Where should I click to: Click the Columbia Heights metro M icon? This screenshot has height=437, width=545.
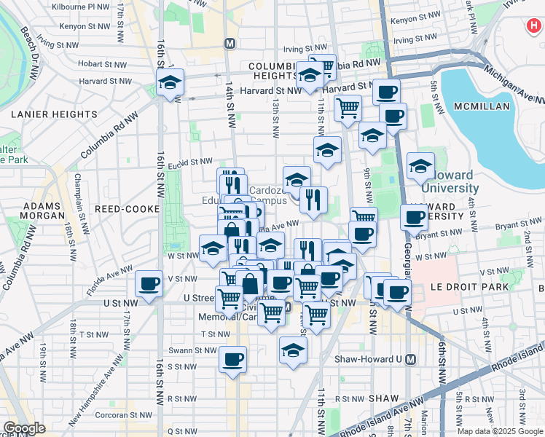click(x=231, y=43)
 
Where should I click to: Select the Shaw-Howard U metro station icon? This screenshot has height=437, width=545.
click(x=411, y=359)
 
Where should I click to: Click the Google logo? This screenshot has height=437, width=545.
click(x=24, y=428)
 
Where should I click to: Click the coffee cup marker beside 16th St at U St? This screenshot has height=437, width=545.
click(x=149, y=284)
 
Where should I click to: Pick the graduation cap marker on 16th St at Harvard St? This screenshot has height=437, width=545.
click(x=170, y=83)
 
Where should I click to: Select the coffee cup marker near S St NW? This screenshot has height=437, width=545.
click(x=232, y=360)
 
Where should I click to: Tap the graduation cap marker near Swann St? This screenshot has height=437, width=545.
click(x=293, y=350)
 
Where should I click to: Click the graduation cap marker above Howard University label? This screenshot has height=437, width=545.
click(x=420, y=167)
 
